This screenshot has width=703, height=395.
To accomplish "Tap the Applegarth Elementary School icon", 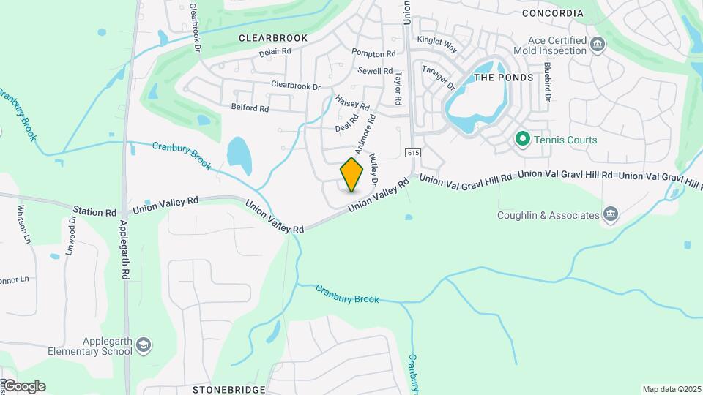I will [x=144, y=345].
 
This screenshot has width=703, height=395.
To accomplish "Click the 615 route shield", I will [x=412, y=153].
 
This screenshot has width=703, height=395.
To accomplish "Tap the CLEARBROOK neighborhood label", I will [x=272, y=37].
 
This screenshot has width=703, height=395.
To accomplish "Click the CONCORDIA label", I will [x=552, y=13].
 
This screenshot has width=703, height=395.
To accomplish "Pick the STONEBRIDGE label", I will [x=229, y=390].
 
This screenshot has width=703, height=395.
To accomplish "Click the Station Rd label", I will [x=99, y=212].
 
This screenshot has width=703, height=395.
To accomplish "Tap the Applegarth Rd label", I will [x=126, y=249].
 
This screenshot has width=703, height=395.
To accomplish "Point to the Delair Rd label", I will [x=275, y=52].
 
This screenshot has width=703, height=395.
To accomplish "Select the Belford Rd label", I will [x=250, y=108].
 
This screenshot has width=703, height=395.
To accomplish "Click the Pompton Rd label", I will [x=373, y=53].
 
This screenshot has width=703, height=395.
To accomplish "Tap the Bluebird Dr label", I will [x=546, y=81].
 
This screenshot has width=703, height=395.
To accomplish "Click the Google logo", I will [x=24, y=386].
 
